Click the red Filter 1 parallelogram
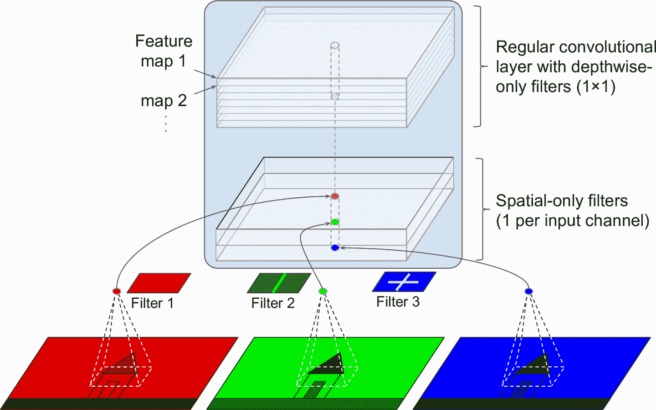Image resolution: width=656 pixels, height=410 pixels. (x=159, y=283)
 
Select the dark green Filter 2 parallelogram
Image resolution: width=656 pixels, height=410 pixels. (x=279, y=283)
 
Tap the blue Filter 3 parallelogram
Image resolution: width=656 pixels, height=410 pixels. (x=404, y=282)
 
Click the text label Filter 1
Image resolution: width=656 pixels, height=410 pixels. (x=152, y=303)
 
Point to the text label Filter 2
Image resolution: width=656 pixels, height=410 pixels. (x=273, y=303)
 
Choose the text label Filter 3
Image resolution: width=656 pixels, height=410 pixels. (x=398, y=302)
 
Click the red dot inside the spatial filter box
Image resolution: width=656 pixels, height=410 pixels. (x=335, y=196)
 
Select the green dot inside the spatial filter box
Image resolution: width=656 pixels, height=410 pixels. (x=335, y=222)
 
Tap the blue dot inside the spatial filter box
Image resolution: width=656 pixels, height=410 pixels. (x=335, y=248)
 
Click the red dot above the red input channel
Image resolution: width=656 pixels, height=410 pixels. (x=117, y=291)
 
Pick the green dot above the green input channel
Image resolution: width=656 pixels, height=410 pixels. (x=323, y=291)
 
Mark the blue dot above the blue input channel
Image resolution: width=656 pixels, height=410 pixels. (x=528, y=291)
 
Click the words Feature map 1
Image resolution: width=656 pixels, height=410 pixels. (x=164, y=51)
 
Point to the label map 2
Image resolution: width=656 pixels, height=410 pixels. (x=164, y=101)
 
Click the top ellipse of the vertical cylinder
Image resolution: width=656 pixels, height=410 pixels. (x=335, y=46)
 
